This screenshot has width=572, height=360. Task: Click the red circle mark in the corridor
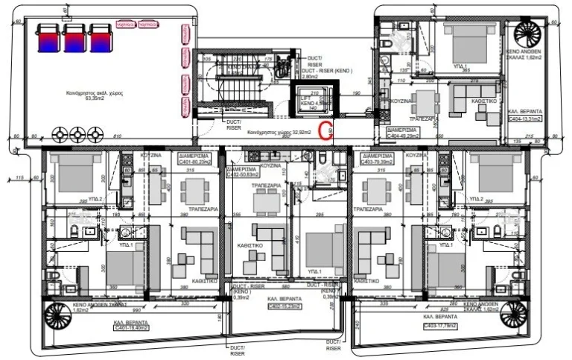coord(325,132)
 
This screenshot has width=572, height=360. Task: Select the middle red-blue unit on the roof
coord(74,37)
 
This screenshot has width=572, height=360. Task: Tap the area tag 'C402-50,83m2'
coord(246,170)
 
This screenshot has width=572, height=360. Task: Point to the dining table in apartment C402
coord(265,202)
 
